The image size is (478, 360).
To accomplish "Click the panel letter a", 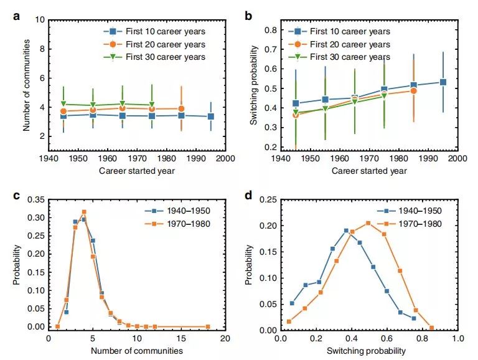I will [17, 17].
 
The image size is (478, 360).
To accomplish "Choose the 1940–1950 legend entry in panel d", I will [416, 211].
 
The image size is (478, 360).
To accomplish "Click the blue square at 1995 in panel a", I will [211, 116].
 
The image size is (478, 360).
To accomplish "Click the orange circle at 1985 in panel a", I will [181, 108].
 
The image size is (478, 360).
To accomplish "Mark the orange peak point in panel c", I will [83, 212].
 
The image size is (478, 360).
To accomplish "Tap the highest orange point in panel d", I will [368, 223].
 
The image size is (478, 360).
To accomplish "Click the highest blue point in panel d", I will [346, 230].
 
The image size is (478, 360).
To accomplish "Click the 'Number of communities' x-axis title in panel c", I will [137, 350].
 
